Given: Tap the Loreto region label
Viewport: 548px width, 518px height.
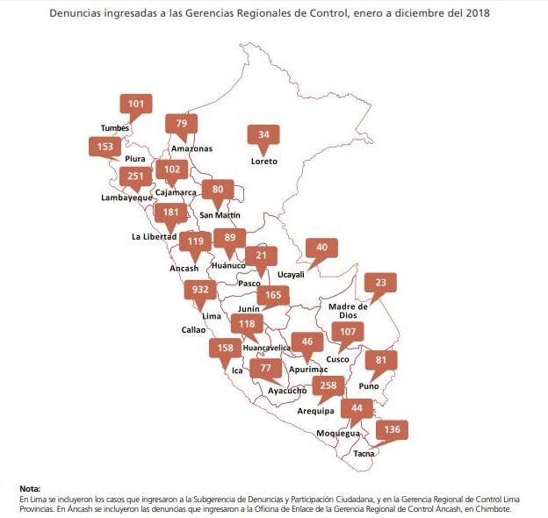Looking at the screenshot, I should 264,162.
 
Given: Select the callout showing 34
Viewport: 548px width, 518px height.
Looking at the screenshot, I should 263,135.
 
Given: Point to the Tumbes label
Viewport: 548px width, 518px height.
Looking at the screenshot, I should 115,128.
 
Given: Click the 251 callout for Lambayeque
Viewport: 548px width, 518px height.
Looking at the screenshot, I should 135,176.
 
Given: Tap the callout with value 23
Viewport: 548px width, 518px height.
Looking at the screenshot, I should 380,283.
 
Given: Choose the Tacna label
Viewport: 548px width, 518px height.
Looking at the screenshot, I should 364,454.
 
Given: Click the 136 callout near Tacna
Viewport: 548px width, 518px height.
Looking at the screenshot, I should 393,429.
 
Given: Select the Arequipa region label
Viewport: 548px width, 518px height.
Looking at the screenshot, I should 317,411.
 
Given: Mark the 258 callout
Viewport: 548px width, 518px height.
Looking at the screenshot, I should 328,385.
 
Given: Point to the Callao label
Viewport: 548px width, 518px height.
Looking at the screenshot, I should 193,330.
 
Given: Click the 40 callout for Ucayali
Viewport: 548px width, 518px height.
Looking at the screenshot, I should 321,248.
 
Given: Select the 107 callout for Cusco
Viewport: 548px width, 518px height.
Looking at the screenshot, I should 350,333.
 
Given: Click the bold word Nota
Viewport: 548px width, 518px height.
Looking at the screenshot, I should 30,488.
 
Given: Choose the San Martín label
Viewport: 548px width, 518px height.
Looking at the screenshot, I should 220,215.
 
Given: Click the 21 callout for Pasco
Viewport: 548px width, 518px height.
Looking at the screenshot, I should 261,255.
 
